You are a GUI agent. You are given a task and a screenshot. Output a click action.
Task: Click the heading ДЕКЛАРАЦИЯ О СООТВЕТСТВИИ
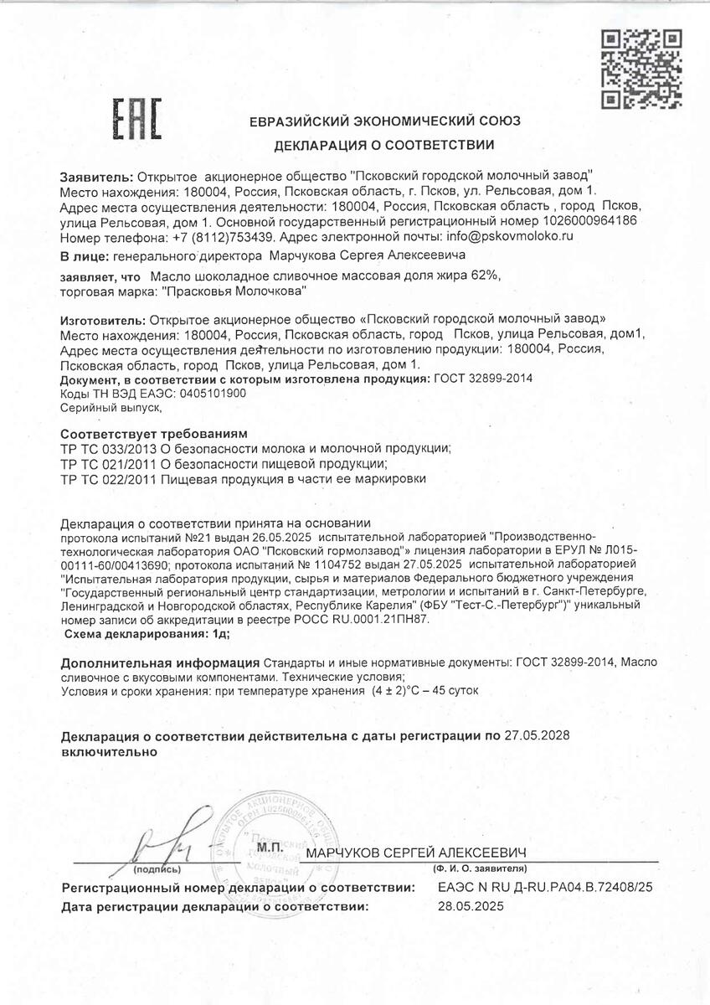tap(384, 145)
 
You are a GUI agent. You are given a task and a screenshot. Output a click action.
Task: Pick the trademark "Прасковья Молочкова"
tap(234, 291)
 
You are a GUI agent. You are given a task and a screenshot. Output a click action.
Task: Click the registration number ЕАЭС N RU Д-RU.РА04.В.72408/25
tap(545, 886)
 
